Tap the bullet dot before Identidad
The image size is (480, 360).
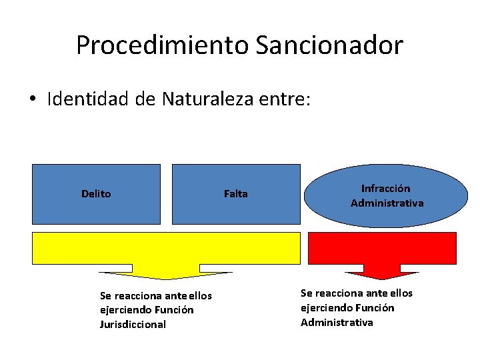[33, 100]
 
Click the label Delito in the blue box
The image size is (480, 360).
[96, 194]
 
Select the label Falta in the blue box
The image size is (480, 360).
[235, 194]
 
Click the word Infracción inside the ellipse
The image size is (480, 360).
[386, 189]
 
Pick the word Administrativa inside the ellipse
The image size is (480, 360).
[387, 203]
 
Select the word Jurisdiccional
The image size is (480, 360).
[133, 325]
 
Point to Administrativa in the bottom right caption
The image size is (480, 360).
[337, 323]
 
